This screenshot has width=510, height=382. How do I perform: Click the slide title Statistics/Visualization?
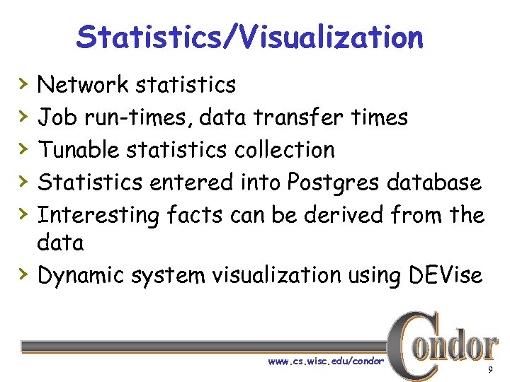coord(249,37)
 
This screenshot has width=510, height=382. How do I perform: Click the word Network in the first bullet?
coord(82,85)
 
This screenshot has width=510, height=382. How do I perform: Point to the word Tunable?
coord(78,150)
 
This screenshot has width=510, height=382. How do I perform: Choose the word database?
coord(436,183)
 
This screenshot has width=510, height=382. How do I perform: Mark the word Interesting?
coord(98,214)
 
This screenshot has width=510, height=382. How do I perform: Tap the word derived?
coord(342,214)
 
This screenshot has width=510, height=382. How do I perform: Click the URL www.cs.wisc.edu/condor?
coord(326,361)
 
